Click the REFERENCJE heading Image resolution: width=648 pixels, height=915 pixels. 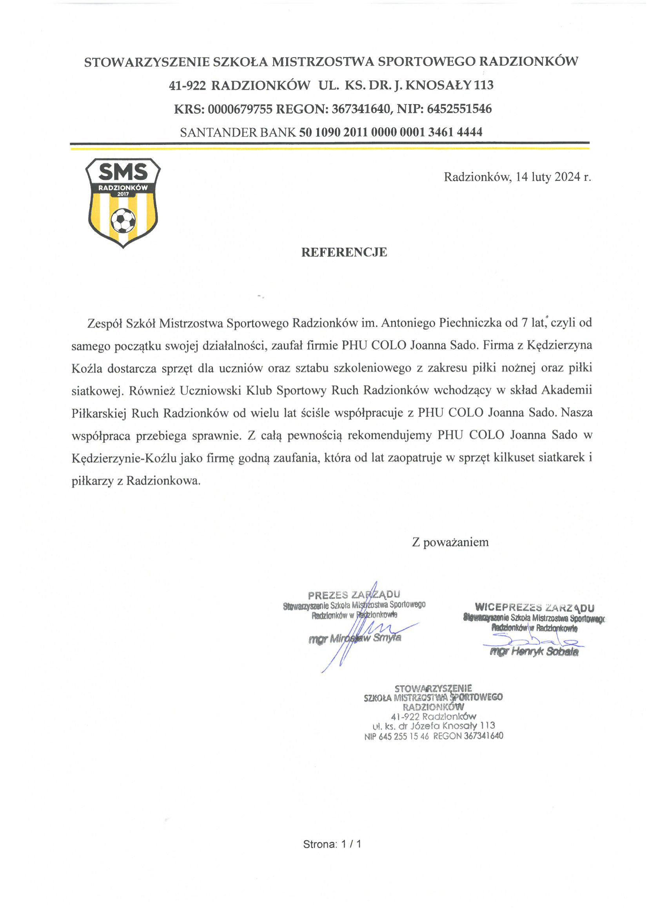(x=343, y=252)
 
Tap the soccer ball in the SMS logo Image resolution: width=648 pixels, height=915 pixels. (x=123, y=220)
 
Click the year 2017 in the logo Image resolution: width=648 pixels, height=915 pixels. (x=123, y=194)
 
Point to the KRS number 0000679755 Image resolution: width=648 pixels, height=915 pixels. (x=240, y=109)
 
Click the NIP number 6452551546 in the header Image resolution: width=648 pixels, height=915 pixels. (x=459, y=109)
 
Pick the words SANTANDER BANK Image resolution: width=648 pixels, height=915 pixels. (x=238, y=132)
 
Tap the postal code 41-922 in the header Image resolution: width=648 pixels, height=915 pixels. (x=187, y=85)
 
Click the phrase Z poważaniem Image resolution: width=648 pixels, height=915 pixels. (x=450, y=542)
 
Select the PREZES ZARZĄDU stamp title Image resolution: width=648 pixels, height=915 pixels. (x=354, y=595)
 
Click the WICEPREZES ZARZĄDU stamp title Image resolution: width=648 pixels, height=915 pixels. (x=534, y=607)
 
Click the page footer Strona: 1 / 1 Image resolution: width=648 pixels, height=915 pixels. (x=332, y=844)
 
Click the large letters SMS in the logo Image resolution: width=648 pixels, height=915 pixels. (x=123, y=172)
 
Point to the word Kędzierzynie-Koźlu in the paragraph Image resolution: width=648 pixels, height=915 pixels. (x=124, y=458)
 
